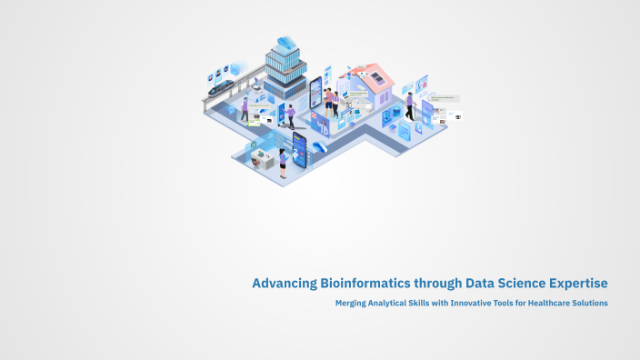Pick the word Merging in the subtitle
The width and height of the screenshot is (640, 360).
(x=354, y=303)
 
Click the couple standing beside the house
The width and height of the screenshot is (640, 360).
(x=333, y=102)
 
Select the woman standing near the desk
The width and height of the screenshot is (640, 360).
(x=283, y=163)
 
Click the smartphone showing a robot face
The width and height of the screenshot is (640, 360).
(x=299, y=146)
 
